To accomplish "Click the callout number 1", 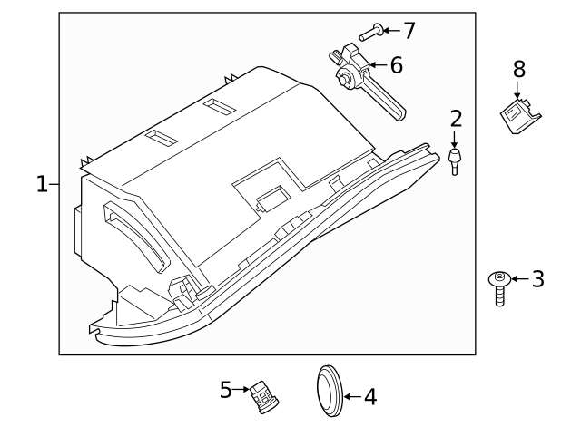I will (41, 185).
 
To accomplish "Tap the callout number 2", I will (456, 118).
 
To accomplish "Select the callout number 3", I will (537, 279).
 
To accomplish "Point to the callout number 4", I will (369, 397).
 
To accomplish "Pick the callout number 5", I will (227, 390).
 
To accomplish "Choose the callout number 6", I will (396, 64).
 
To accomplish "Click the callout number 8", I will (518, 68).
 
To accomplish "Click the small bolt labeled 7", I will (369, 33).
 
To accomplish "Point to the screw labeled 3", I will (498, 287).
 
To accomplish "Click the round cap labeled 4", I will (328, 392).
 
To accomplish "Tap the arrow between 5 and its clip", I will (243, 390).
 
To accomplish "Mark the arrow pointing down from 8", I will (518, 89).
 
